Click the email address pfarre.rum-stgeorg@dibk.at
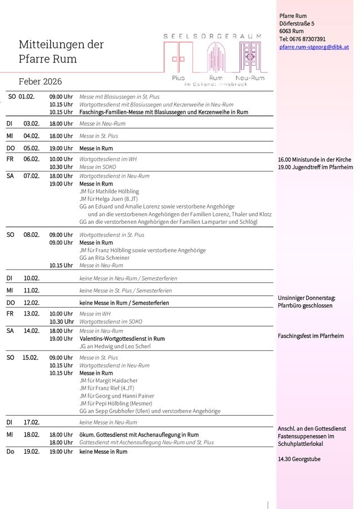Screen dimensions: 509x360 (314, 47)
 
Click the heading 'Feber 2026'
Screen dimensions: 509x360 (40, 82)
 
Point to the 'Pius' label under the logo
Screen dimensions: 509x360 (178, 77)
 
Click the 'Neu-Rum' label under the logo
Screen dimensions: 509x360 (250, 77)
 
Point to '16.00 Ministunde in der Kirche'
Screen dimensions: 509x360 (314, 160)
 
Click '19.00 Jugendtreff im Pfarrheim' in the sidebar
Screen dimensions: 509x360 (315, 167)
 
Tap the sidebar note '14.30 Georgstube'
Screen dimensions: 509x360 (299, 459)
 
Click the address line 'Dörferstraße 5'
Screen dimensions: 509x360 (296, 24)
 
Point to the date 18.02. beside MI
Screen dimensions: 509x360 (31, 435)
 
